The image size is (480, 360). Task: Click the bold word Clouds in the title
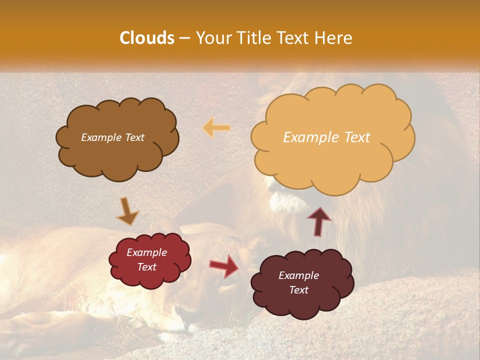tap(147, 38)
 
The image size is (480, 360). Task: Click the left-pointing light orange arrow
tap(216, 128)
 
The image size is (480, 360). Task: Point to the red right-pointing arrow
tap(224, 265)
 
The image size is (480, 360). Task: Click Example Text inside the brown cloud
tap(112, 137)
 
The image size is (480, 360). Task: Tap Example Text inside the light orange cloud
tap(326, 137)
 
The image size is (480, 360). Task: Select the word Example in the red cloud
tap(146, 252)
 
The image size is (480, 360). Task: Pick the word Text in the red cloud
tap(146, 267)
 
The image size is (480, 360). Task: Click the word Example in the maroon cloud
tap(298, 275)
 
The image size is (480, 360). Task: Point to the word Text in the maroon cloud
tap(298, 290)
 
